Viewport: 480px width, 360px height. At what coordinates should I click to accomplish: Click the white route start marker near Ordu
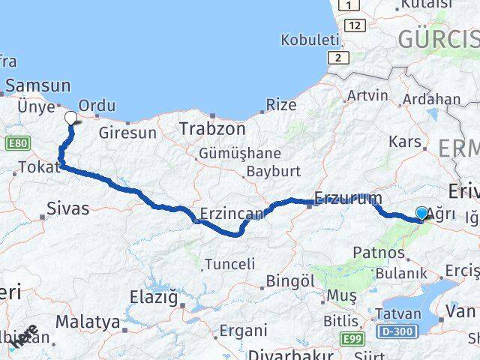coord(70,118)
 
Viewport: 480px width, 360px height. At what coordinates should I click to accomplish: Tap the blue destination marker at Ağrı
coord(421,214)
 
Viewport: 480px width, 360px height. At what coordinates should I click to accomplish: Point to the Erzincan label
coord(232,214)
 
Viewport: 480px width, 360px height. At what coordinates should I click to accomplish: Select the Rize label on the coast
coord(281,105)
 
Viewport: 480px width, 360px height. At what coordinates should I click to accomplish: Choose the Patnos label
coord(379,253)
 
